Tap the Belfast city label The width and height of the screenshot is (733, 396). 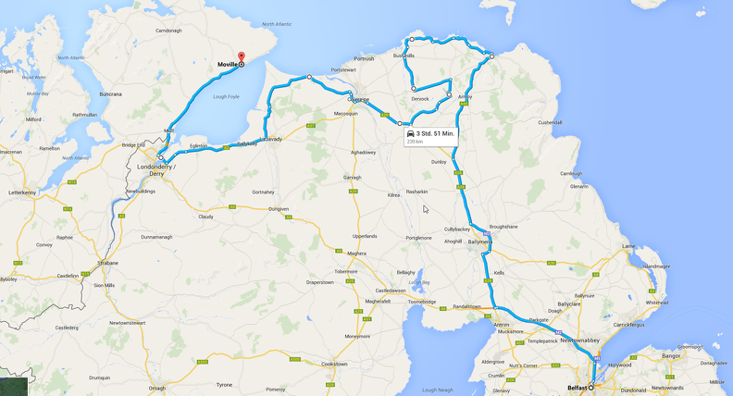(x=578, y=389)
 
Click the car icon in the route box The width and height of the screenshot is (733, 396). (x=409, y=134)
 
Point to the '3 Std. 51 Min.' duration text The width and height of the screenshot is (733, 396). (x=435, y=133)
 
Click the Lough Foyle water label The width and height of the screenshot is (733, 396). (x=226, y=96)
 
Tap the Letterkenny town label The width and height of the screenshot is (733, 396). (x=21, y=192)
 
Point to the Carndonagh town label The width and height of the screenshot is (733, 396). (x=168, y=31)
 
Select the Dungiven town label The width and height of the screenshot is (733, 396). (x=279, y=209)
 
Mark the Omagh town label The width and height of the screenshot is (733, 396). (x=157, y=388)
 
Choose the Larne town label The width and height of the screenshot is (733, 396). (x=628, y=246)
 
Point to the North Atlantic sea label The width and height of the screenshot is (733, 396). (x=276, y=24)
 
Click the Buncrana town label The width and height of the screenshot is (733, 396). (x=110, y=93)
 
